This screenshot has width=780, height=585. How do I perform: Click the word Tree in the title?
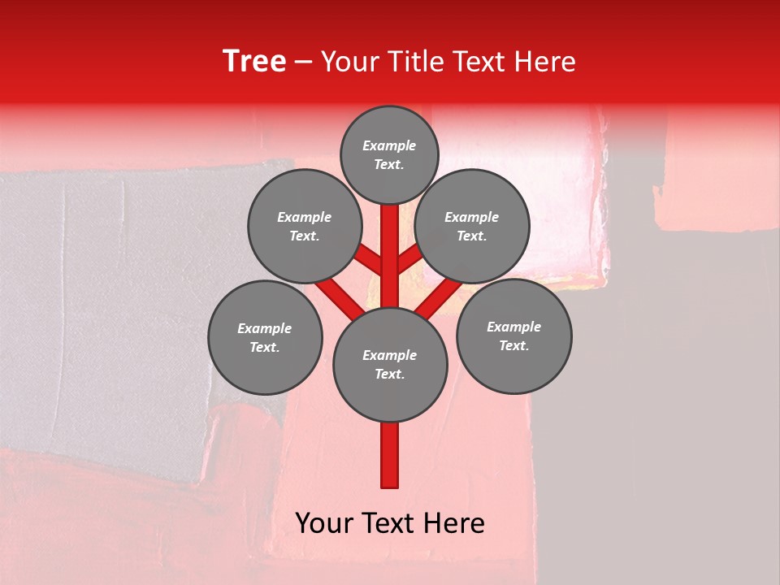point(254,62)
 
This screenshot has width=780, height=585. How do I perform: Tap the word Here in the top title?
point(544,62)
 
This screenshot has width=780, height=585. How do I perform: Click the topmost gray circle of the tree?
point(389,154)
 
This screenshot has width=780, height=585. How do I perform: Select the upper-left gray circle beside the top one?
point(305,226)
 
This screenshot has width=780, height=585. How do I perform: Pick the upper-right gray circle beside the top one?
point(472,226)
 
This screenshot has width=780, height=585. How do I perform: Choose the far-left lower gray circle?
point(265,337)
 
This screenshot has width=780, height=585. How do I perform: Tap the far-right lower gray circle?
point(514,336)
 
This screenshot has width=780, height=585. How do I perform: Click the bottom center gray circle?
point(390,364)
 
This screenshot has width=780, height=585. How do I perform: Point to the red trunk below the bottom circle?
point(390,455)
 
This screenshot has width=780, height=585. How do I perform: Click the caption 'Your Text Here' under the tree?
point(390,523)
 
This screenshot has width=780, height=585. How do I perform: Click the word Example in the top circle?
point(389,146)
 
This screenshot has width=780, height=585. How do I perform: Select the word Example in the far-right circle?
point(513,327)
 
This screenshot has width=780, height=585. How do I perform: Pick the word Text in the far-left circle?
point(263,348)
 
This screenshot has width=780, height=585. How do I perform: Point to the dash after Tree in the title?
point(304,63)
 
